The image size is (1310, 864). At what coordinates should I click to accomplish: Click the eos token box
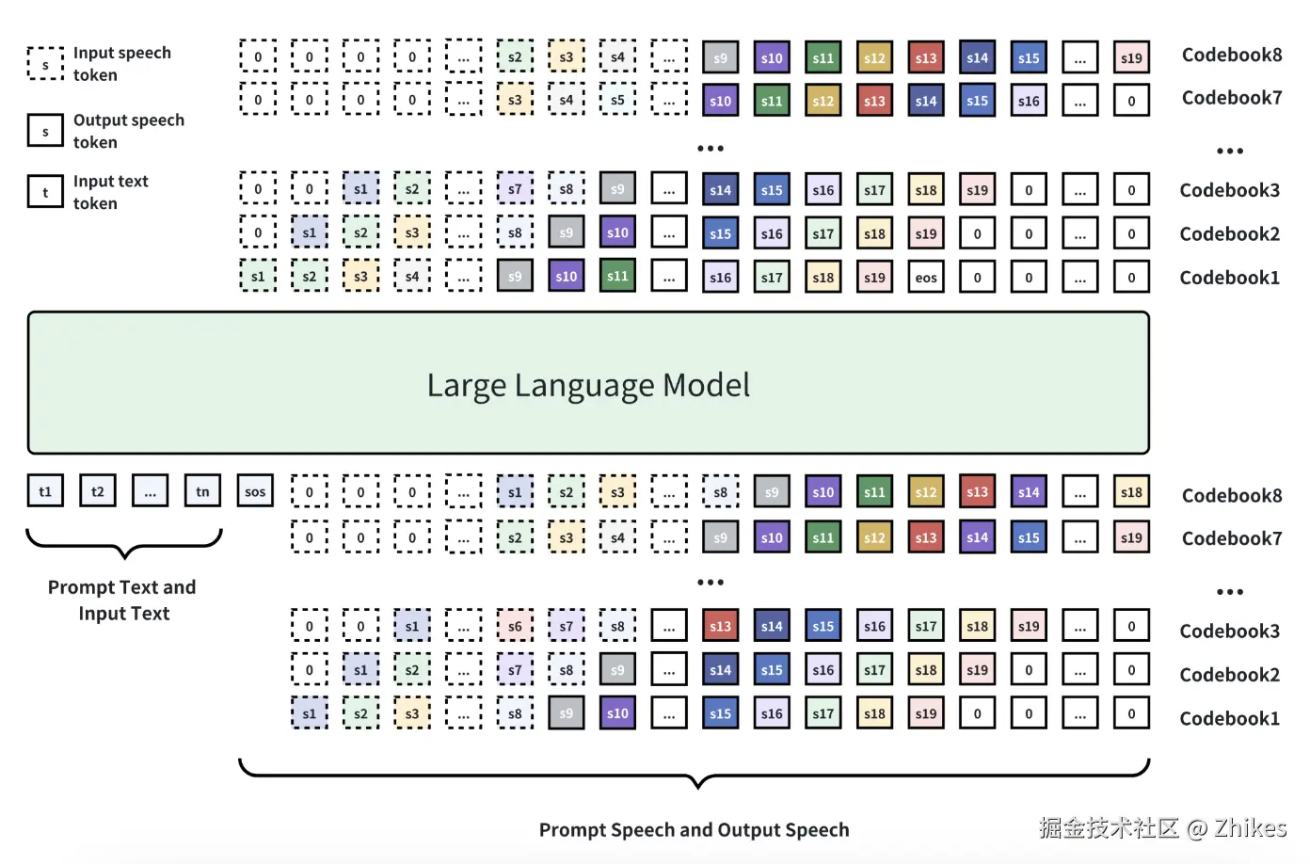[926, 278]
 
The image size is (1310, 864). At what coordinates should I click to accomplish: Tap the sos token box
[255, 491]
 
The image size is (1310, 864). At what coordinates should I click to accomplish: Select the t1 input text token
[45, 491]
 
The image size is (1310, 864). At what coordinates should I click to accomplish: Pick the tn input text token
[202, 491]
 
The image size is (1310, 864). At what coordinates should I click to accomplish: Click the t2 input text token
[98, 491]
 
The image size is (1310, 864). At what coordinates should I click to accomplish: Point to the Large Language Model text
[588, 385]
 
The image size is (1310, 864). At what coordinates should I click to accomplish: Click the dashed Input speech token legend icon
[45, 64]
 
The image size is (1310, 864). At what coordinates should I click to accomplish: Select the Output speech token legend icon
[45, 132]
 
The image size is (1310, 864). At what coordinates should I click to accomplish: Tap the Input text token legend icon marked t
[45, 192]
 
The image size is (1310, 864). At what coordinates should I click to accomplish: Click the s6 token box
[515, 626]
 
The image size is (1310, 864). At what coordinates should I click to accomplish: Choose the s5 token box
[617, 100]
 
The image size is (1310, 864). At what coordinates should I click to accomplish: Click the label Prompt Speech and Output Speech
[694, 829]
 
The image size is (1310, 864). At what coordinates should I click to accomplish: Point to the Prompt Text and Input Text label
[122, 600]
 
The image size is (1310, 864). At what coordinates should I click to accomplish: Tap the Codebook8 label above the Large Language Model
[1231, 55]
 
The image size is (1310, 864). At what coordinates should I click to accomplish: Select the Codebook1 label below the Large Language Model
[1229, 718]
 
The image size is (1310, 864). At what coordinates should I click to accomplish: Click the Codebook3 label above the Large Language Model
[1229, 190]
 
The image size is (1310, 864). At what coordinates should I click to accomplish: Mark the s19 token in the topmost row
[1131, 57]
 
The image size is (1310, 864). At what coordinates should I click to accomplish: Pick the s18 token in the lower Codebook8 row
[1131, 492]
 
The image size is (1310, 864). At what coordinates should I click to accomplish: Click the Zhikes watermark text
[1250, 828]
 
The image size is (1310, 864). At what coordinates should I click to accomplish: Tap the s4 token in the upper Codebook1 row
[412, 277]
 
